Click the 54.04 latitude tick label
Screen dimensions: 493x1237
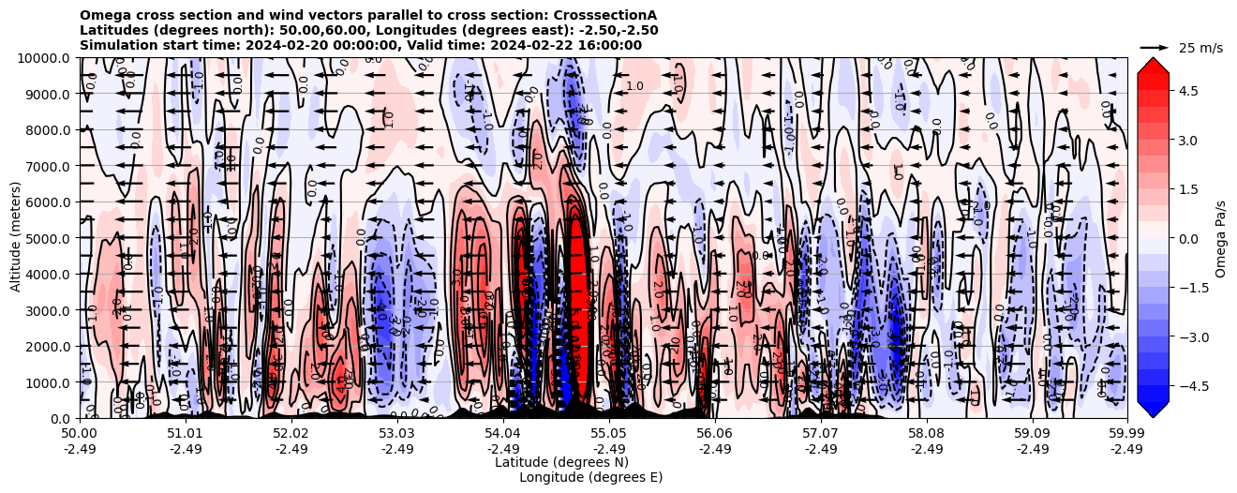pyautogui.click(x=503, y=434)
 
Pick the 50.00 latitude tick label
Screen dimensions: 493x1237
pyautogui.click(x=80, y=434)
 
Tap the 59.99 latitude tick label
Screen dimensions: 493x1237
pyautogui.click(x=1126, y=434)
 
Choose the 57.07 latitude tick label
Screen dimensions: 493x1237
pyautogui.click(x=821, y=434)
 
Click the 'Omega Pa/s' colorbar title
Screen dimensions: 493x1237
pyautogui.click(x=1220, y=238)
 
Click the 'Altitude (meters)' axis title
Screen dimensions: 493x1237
pyautogui.click(x=16, y=238)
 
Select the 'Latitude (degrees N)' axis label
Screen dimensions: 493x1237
pyautogui.click(x=561, y=462)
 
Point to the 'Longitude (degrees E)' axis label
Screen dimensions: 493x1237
pyautogui.click(x=590, y=477)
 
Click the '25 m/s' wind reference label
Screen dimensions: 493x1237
pyautogui.click(x=1200, y=48)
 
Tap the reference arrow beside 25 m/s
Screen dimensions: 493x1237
pyautogui.click(x=1155, y=47)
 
